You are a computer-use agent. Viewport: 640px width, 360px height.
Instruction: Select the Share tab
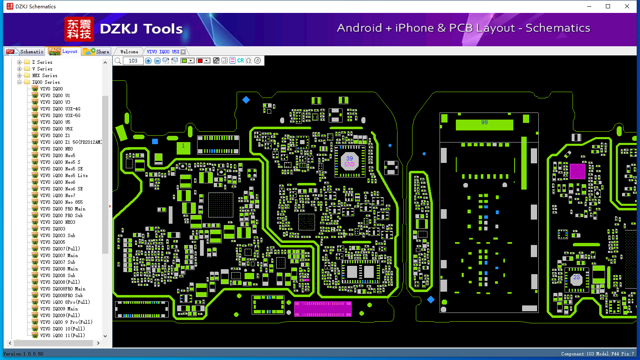(x=96, y=52)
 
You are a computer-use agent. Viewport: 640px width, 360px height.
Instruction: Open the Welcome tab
(x=129, y=52)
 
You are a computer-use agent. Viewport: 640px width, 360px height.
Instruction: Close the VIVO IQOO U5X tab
(x=183, y=52)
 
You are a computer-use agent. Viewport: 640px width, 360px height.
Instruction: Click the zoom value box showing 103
(x=133, y=61)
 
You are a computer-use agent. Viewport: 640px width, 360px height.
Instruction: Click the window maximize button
(x=608, y=6)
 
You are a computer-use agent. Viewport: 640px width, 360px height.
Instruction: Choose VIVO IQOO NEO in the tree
(x=56, y=149)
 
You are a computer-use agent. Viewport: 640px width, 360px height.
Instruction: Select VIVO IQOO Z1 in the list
(x=55, y=135)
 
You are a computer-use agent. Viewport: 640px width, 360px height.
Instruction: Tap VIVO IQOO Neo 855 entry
(x=61, y=202)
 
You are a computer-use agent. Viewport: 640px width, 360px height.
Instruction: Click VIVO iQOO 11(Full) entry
(x=62, y=335)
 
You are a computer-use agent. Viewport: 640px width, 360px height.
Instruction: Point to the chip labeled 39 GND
(x=350, y=161)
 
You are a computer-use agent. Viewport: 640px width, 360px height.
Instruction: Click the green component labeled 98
(x=484, y=124)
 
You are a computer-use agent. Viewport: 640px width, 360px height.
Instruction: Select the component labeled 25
(x=577, y=277)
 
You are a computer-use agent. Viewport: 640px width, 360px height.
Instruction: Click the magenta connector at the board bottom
(x=322, y=309)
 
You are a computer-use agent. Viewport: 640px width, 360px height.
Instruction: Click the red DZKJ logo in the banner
(x=79, y=29)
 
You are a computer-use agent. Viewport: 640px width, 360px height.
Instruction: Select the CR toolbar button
(x=240, y=61)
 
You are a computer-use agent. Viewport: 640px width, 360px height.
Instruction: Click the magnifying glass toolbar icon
(x=118, y=61)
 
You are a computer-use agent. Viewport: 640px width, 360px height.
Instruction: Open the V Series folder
(x=42, y=69)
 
